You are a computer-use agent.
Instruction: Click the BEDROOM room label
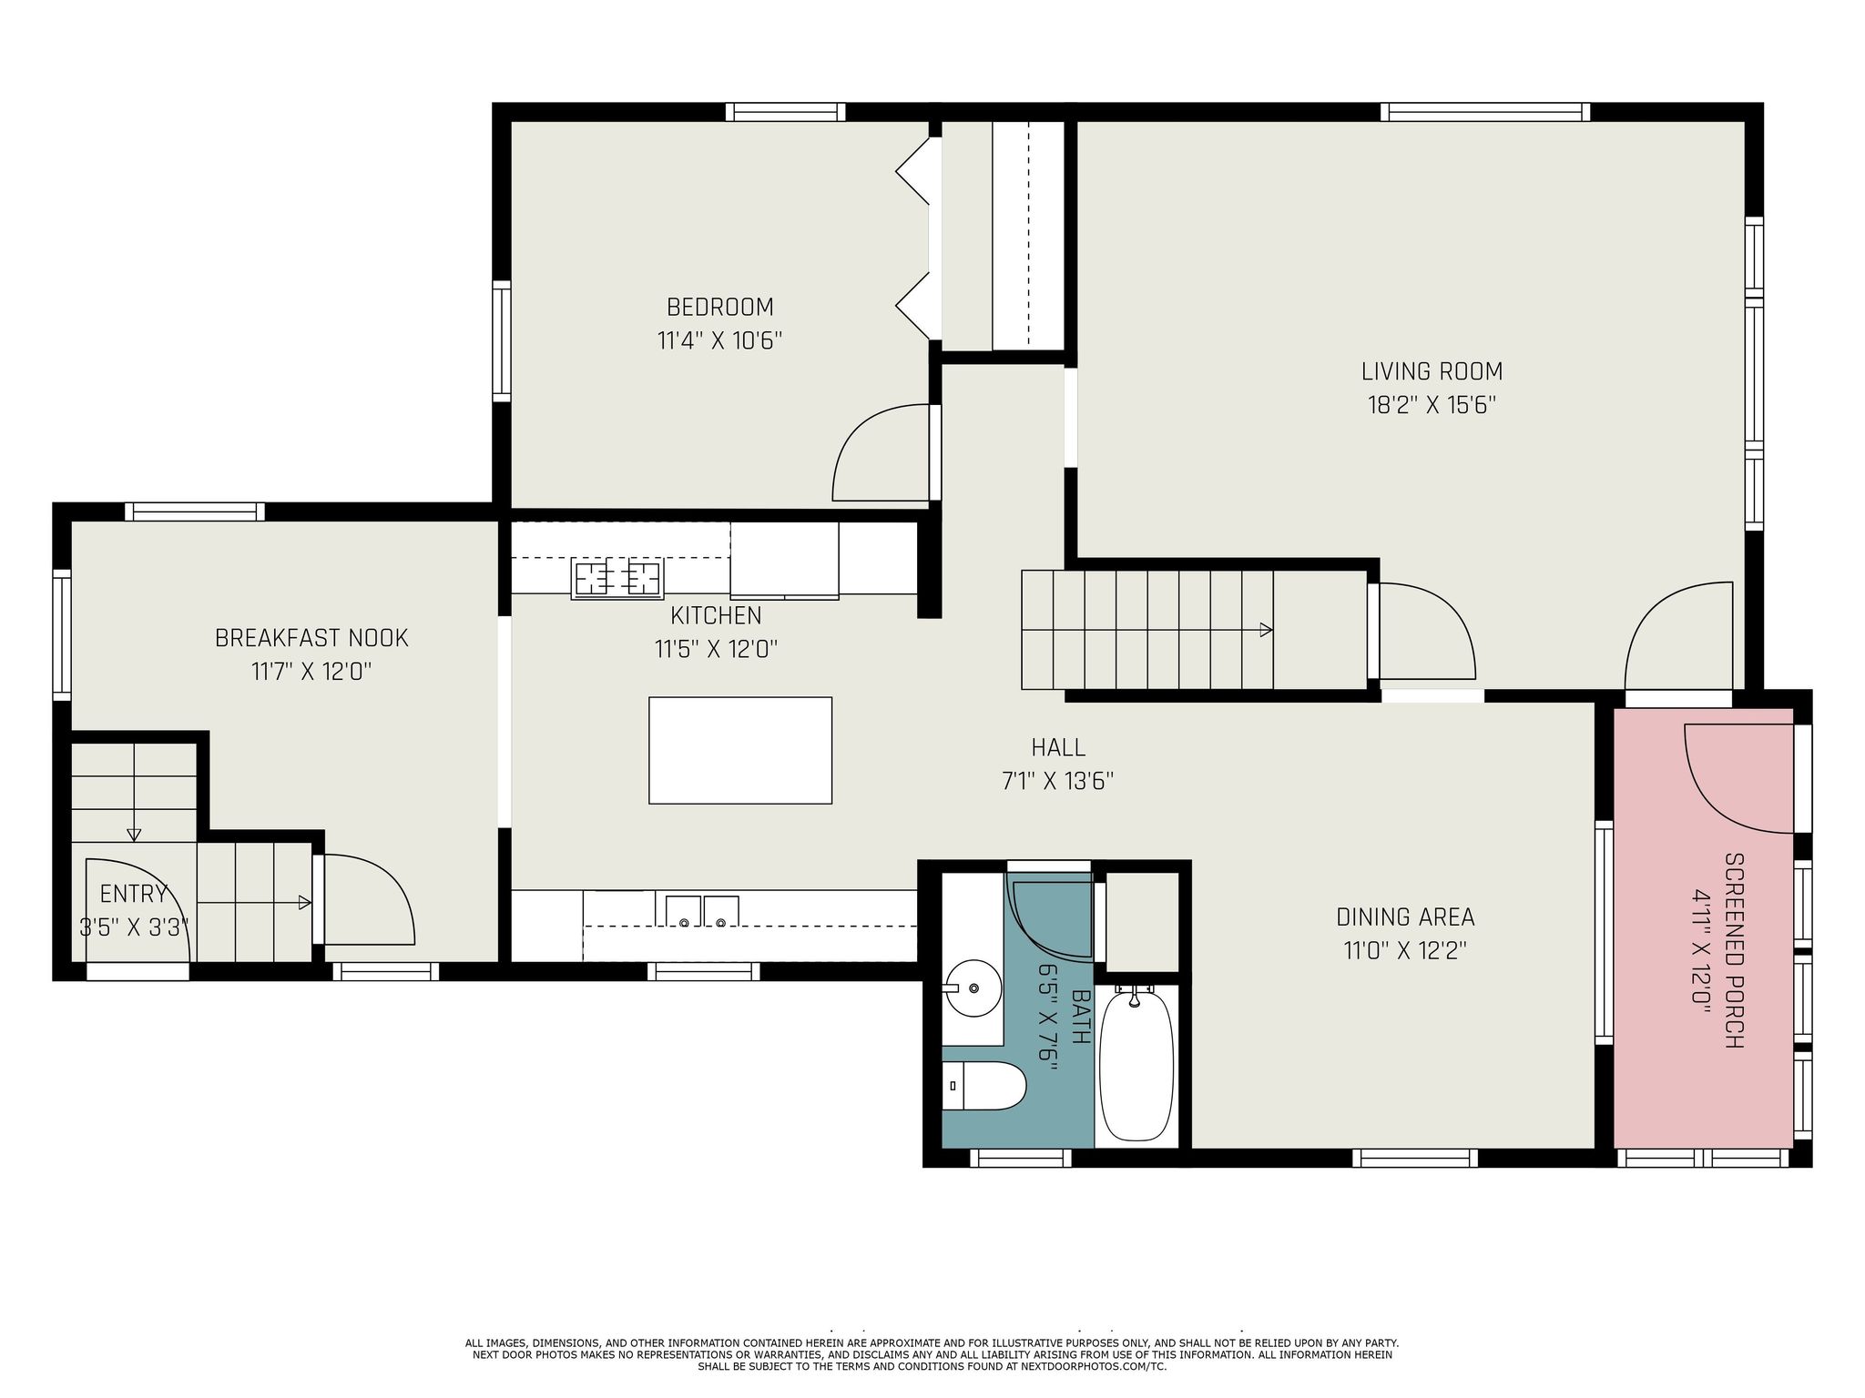[x=719, y=307]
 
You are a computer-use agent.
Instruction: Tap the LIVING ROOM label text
[x=1432, y=371]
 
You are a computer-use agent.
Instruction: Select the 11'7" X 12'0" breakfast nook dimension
[x=311, y=672]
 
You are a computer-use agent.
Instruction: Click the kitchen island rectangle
[x=739, y=750]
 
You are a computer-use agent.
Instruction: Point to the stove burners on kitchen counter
[x=617, y=578]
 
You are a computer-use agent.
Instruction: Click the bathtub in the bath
[x=1136, y=1067]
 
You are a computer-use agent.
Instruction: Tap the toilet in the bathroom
[x=983, y=1085]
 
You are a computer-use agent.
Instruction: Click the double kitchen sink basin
[x=701, y=911]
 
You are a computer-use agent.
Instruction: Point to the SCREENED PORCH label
[x=1734, y=950]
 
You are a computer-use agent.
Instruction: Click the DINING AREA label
[x=1404, y=917]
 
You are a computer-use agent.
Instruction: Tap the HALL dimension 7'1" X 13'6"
[x=1058, y=781]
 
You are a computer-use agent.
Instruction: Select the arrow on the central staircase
[x=1265, y=629]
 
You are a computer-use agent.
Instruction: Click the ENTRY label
[x=134, y=893]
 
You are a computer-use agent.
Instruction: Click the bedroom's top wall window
[x=785, y=112]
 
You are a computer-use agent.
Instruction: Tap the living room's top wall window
[x=1484, y=112]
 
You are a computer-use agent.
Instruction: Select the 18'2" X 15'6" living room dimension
[x=1432, y=405]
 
